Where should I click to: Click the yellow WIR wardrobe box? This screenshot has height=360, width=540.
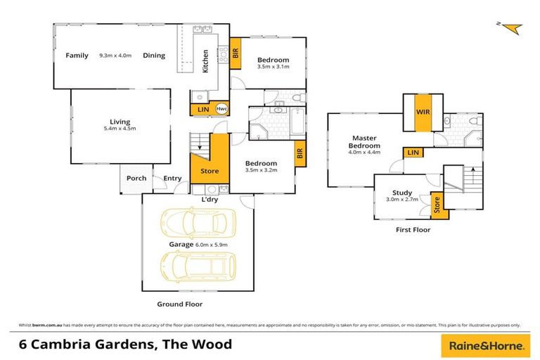point(423,112)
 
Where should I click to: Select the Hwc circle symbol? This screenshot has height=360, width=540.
point(221,109)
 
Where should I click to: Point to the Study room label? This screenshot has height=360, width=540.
point(402,191)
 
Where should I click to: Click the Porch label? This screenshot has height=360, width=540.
point(136,178)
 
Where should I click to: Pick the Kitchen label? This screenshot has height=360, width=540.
point(205,61)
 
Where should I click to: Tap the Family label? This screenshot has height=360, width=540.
point(77,56)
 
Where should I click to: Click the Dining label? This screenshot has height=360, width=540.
point(154,56)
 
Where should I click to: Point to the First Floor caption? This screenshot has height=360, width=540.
point(413,229)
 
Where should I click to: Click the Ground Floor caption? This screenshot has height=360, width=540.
point(179,304)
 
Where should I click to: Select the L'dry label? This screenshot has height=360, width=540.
point(210,199)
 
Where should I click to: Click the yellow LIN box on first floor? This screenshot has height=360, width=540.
point(413,153)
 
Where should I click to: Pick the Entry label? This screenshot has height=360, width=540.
point(172,178)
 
